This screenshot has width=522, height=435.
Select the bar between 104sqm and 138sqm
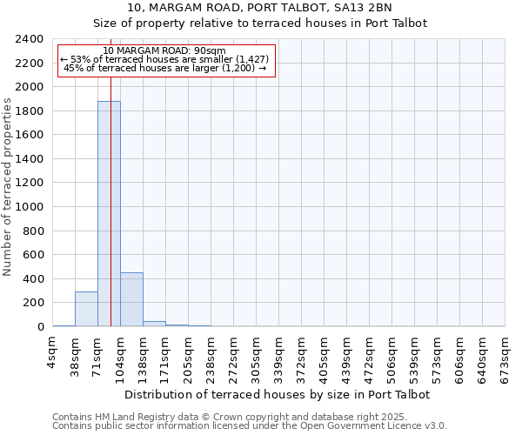[x=131, y=299]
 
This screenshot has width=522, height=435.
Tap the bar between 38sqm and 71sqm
[x=86, y=309]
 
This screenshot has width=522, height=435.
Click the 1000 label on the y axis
[x=30, y=207]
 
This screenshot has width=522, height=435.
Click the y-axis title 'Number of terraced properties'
[x=8, y=187]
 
